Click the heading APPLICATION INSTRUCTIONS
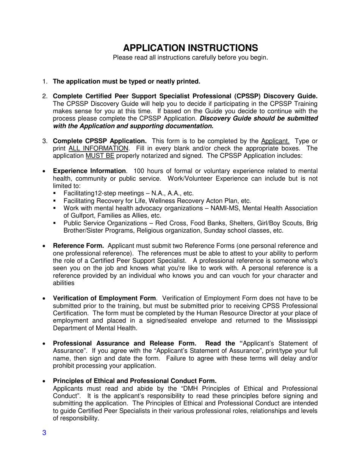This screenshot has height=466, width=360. coord(191,48)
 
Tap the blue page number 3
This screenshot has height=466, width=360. coord(44,433)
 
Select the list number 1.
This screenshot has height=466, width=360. coord(44,81)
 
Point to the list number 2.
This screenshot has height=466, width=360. coord(44,96)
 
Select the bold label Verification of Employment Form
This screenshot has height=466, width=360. coord(104,298)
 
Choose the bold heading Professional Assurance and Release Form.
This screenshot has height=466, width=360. coord(124,343)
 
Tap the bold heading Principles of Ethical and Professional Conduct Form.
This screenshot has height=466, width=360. coord(135,381)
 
